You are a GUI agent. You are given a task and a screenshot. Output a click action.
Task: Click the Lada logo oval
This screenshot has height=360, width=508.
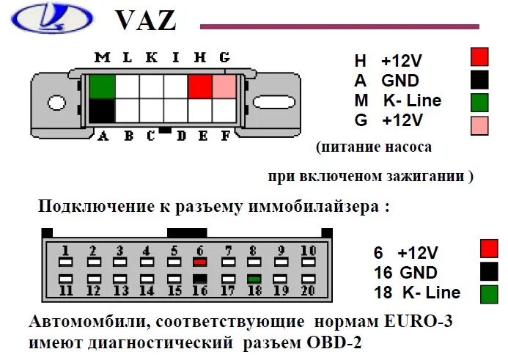pyautogui.click(x=54, y=17)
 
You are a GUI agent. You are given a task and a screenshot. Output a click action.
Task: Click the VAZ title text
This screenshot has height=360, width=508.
pyautogui.click(x=146, y=20)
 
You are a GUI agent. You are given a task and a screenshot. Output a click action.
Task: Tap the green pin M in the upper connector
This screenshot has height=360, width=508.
pyautogui.click(x=102, y=87)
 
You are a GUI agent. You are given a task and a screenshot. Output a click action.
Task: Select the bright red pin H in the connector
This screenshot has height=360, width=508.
pyautogui.click(x=200, y=87)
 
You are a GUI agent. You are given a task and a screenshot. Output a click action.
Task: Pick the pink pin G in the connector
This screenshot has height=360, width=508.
pyautogui.click(x=224, y=87)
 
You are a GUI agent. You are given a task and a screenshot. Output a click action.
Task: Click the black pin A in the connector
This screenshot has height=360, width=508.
pyautogui.click(x=102, y=111)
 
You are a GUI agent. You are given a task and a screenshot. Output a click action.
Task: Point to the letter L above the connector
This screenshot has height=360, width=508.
pyautogui.click(x=125, y=58)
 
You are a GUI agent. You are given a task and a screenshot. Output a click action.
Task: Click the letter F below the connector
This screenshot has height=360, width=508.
pyautogui.click(x=225, y=136)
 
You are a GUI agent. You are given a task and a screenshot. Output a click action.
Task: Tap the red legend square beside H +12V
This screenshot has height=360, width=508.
pyautogui.click(x=479, y=57)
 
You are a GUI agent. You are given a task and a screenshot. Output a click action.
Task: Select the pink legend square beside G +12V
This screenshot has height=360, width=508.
pyautogui.click(x=479, y=125)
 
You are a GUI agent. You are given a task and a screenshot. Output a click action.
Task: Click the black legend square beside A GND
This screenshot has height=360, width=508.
pyautogui.click(x=479, y=79)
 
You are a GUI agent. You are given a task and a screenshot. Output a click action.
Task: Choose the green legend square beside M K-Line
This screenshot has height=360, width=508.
pyautogui.click(x=479, y=101)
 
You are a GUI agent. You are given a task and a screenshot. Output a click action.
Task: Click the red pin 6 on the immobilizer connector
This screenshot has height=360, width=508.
pyautogui.click(x=199, y=261)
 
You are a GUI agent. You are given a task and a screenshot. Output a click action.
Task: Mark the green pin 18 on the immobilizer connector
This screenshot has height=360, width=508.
pyautogui.click(x=254, y=279)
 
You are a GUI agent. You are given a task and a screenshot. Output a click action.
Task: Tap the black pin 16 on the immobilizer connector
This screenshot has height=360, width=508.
pyautogui.click(x=199, y=279)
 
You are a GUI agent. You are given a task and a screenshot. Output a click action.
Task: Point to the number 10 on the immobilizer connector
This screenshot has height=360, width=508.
pyautogui.click(x=309, y=251)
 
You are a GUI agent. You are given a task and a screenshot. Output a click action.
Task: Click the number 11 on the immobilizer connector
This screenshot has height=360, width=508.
pyautogui.click(x=66, y=290)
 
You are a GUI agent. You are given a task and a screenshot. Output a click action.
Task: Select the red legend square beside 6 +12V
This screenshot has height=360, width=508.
pyautogui.click(x=488, y=249)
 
